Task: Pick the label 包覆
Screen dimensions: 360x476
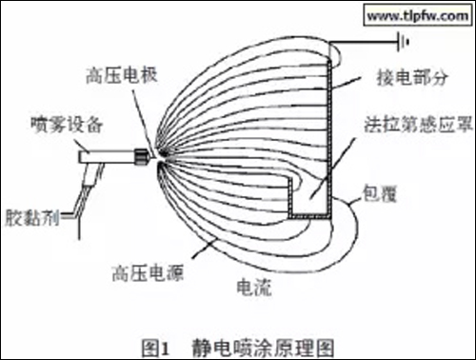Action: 382,197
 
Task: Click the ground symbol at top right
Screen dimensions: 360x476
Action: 399,40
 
